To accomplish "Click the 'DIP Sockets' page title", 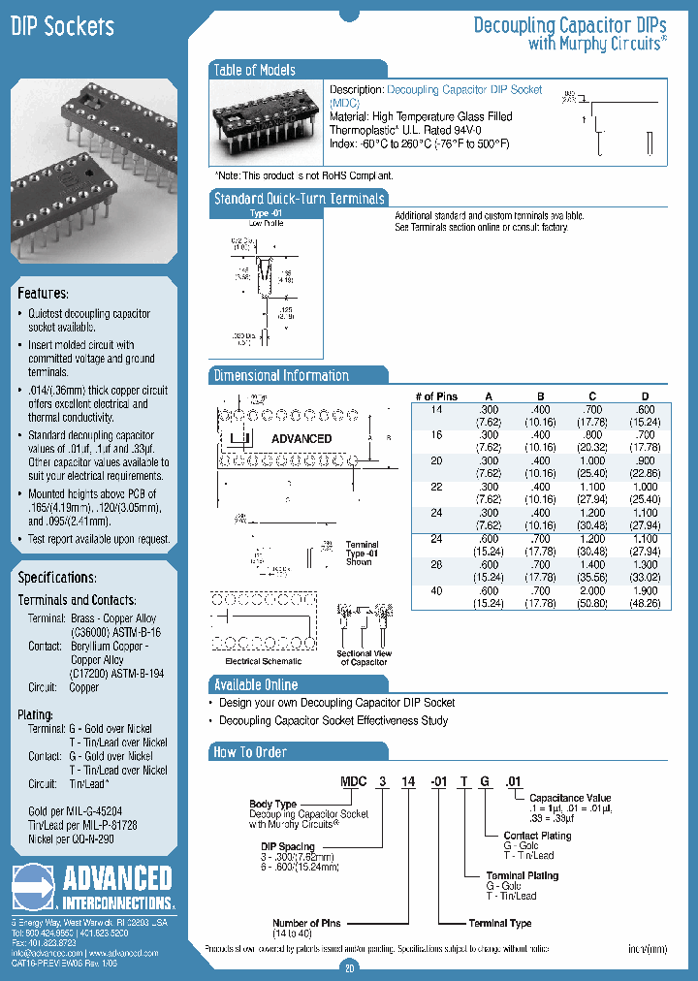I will click(62, 27).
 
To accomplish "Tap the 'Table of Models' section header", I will click(254, 70).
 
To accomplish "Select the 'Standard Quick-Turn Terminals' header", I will click(299, 198).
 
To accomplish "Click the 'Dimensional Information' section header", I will click(281, 375).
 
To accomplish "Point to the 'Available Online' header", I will click(256, 684).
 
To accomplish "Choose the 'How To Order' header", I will click(250, 751).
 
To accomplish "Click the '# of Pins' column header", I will click(436, 396).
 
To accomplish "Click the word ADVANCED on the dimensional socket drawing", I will click(301, 439).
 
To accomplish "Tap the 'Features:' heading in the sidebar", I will click(43, 293).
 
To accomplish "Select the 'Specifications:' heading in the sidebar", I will click(56, 578).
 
